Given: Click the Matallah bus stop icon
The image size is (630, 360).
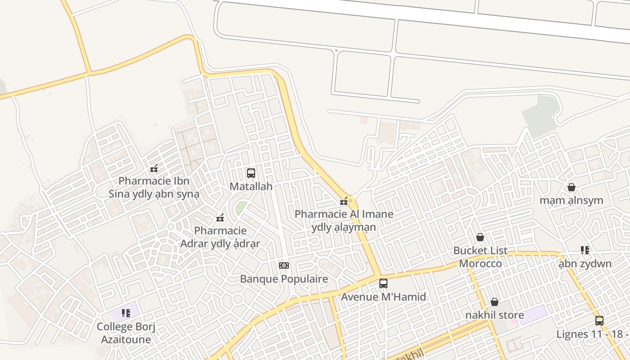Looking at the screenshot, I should pos(251,173).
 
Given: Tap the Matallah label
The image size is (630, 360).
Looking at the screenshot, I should pos(251,186).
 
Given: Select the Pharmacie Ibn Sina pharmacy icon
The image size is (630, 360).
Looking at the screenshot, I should pos(154,169).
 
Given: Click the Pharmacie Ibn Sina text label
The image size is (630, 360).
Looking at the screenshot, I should pos(154,188).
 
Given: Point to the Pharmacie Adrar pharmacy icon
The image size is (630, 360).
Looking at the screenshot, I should pos(220,218).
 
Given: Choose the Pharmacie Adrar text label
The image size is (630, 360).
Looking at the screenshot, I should pos(220,237).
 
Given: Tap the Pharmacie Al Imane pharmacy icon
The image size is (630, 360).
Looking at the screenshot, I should pos(344,201).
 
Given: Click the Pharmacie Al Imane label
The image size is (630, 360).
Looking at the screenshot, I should pos(344,220).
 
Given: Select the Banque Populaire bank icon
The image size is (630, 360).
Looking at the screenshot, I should pos(284,265).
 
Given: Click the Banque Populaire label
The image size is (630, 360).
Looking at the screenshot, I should pos(284,279).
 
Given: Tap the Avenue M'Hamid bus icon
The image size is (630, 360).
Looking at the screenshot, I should pos(383,283).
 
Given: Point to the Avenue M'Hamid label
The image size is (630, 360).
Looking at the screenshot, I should pos(383,297).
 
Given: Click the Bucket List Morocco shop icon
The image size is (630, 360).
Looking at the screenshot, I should pos(480,237).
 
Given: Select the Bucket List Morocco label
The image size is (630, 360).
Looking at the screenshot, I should pos(480,257).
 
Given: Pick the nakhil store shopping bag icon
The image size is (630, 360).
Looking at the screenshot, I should pos(495,302).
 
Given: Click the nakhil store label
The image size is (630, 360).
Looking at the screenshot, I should pos(495,315).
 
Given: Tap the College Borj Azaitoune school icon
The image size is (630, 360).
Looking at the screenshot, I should pos(126,313).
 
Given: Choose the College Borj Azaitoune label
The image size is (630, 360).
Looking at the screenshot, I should pos(126,333).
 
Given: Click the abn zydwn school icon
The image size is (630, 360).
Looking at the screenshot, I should pos(585,250).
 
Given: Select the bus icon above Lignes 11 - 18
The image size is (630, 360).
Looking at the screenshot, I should pos(599,320).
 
